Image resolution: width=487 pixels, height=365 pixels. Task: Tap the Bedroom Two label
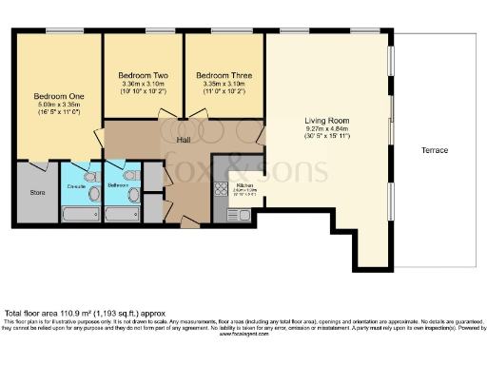click(x=143, y=74)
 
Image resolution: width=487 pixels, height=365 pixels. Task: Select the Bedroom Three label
click(x=222, y=74)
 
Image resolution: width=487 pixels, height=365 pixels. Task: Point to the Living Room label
click(x=327, y=121)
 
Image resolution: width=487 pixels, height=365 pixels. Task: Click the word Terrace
click(x=435, y=150)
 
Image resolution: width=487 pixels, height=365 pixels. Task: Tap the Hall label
click(x=185, y=139)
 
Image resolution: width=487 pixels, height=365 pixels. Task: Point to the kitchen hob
click(x=221, y=188)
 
